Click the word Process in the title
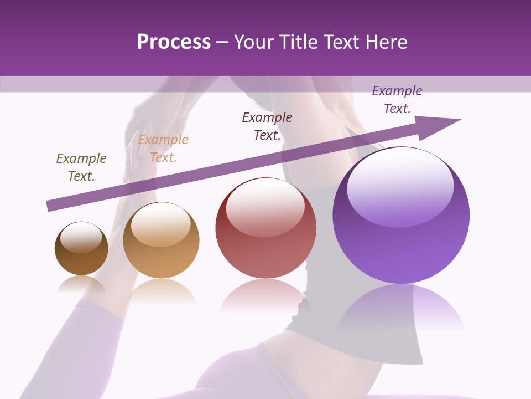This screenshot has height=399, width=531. (174, 42)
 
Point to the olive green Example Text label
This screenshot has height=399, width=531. (81, 167)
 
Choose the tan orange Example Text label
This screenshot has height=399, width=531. (163, 149)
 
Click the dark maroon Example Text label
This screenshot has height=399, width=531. (267, 126)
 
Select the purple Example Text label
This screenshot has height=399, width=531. (397, 100)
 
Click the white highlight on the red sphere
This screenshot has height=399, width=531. (265, 206)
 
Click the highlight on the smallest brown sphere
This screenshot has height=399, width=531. (81, 237)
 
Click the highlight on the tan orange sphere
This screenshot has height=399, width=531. (160, 223)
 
